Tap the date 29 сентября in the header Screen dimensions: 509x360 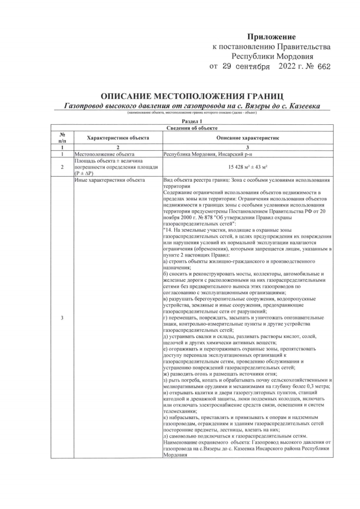(240, 66)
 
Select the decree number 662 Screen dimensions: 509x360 (323, 66)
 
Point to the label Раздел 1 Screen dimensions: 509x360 (192, 121)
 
